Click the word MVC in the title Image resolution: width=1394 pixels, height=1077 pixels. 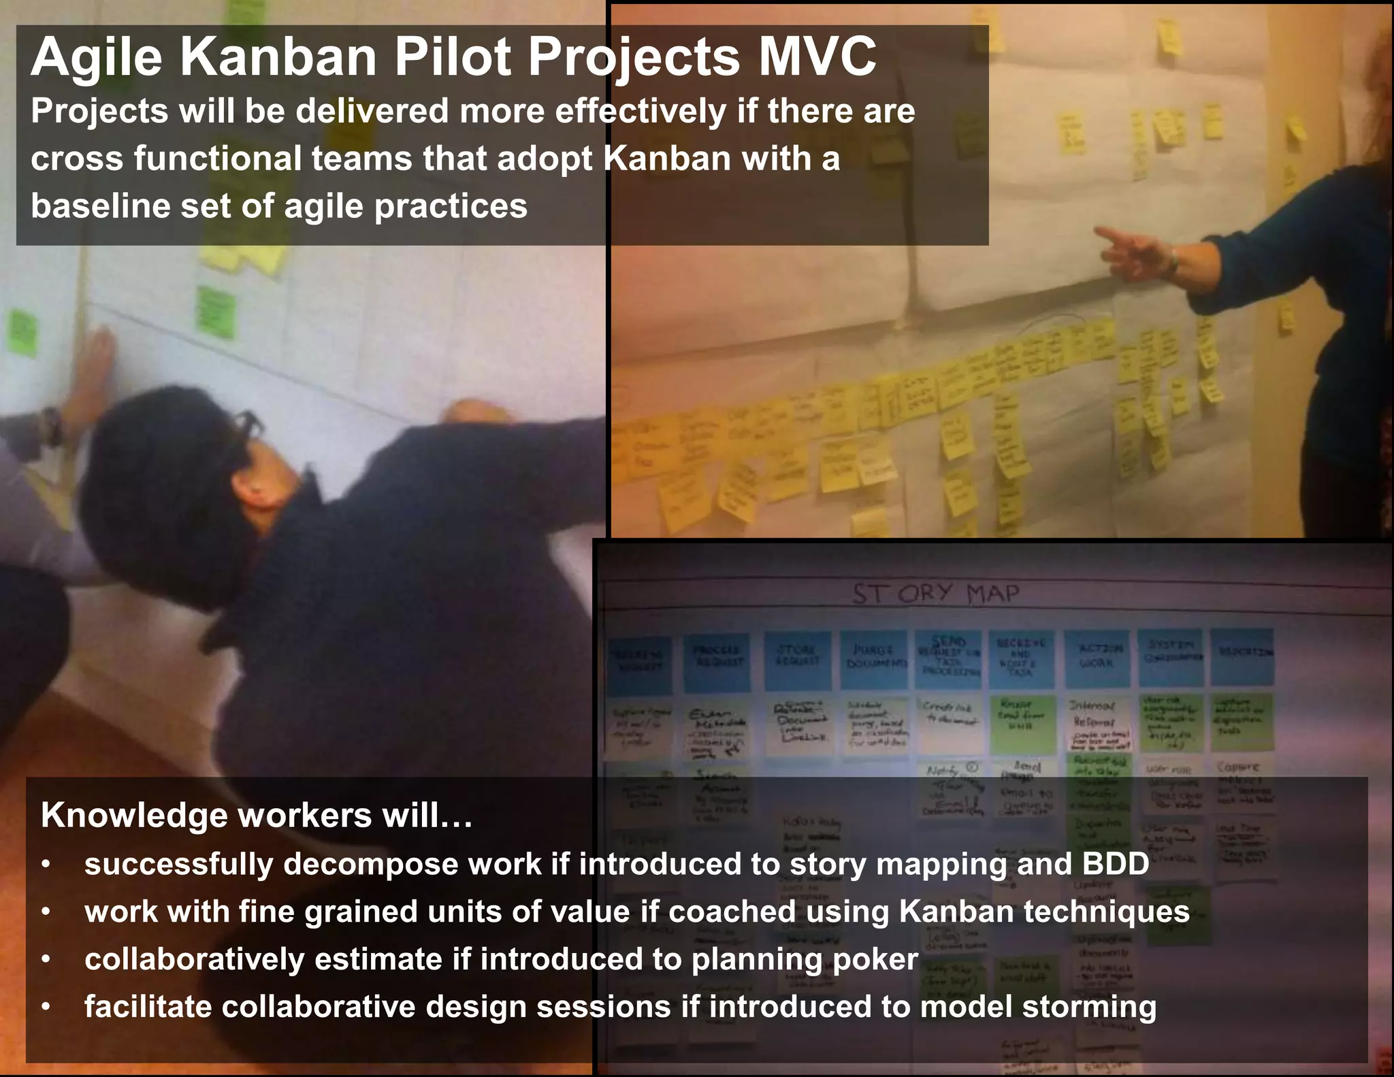817,57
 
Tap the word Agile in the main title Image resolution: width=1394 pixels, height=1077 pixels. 96,57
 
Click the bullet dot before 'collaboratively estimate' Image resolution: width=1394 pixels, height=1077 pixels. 46,960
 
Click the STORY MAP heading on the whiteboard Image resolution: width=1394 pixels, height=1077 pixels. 937,594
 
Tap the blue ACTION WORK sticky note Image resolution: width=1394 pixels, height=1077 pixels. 1097,656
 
